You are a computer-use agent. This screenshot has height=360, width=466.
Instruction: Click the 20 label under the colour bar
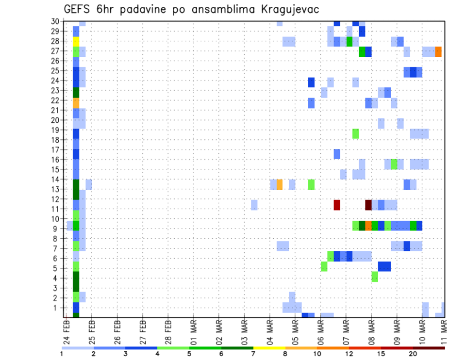click(413, 354)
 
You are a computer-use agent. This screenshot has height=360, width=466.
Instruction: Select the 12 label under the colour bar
click(349, 354)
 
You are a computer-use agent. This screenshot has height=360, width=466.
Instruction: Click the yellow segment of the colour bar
click(269, 348)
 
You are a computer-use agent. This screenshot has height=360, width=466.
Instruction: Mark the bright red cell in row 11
click(337, 205)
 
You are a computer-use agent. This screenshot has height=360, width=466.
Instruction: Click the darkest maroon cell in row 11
click(368, 205)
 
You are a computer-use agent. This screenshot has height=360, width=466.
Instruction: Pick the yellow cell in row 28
click(76, 41)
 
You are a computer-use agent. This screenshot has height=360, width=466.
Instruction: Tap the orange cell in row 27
click(438, 51)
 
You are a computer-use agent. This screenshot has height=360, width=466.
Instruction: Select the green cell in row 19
click(356, 133)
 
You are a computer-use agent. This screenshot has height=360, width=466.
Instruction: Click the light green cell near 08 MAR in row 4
click(375, 277)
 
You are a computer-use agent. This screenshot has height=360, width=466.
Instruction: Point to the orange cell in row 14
click(280, 184)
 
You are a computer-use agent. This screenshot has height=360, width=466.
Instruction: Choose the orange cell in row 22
click(76, 103)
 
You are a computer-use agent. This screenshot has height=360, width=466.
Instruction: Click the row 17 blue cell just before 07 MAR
click(337, 154)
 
